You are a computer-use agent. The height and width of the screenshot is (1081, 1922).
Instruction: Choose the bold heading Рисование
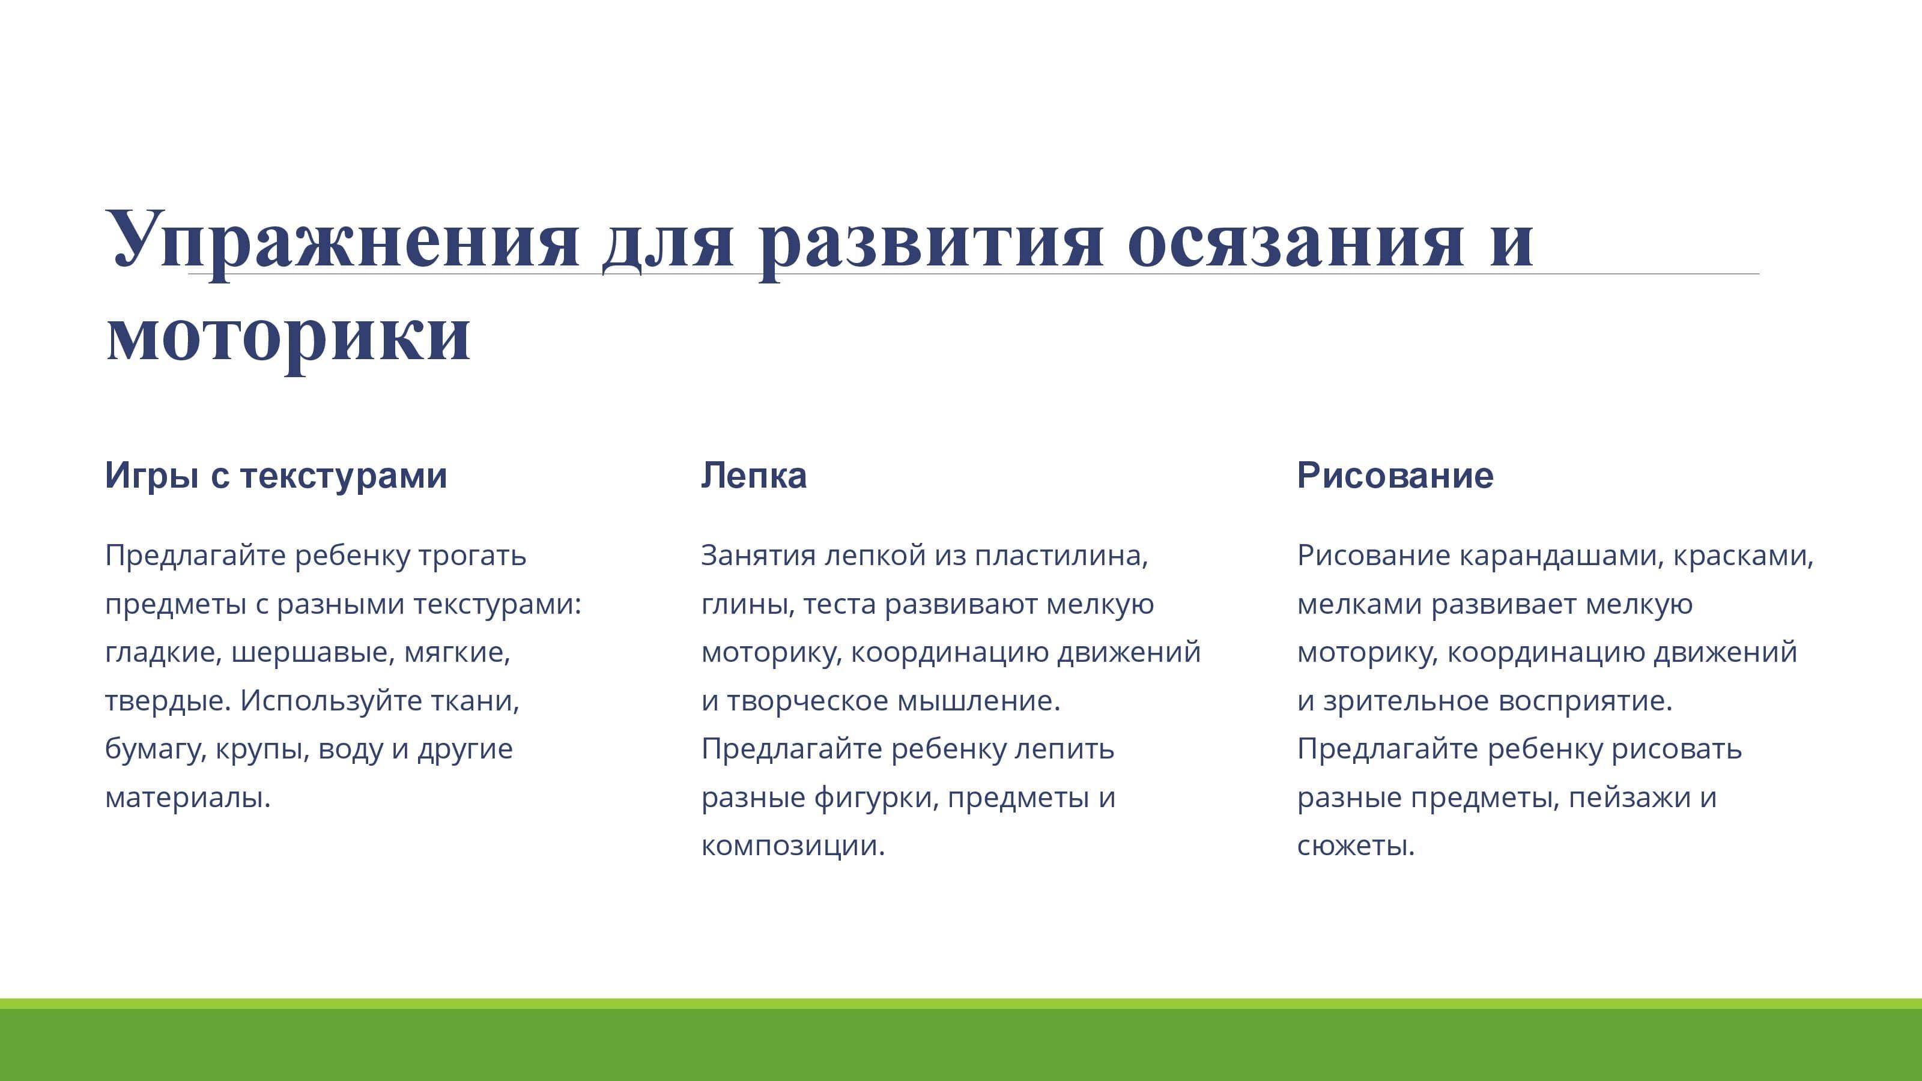tap(1395, 475)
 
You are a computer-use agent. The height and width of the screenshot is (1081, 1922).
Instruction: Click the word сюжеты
tap(1356, 847)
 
